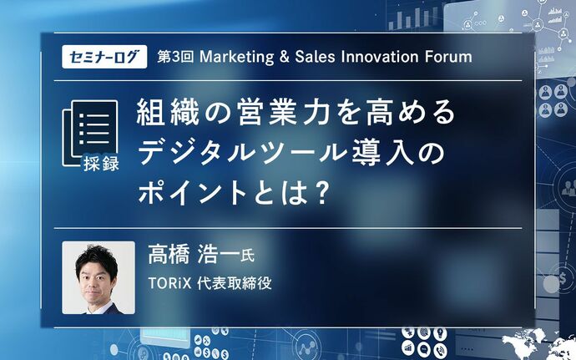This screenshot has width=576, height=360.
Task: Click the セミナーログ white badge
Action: (x=104, y=57)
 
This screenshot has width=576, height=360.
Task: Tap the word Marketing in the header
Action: (x=236, y=57)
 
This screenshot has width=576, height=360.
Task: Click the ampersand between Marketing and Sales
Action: (x=285, y=57)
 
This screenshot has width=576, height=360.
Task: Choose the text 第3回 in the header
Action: (x=175, y=57)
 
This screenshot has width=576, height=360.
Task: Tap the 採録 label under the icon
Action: (x=101, y=162)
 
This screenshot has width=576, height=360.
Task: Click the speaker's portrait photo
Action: (x=99, y=277)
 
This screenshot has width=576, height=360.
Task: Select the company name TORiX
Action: (x=169, y=283)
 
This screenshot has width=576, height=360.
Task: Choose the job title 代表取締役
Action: (x=235, y=283)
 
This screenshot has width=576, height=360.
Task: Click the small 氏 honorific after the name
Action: (x=247, y=256)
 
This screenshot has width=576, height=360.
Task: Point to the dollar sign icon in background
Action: (x=563, y=279)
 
